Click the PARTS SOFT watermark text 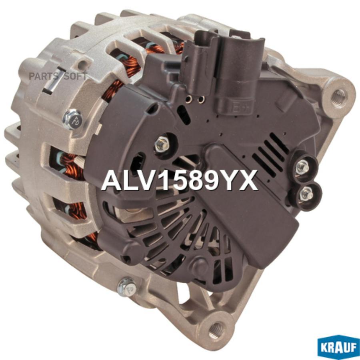[58, 76]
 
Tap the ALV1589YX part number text [180, 181]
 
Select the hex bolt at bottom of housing [126, 287]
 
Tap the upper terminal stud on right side [303, 167]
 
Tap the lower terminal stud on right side [307, 195]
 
